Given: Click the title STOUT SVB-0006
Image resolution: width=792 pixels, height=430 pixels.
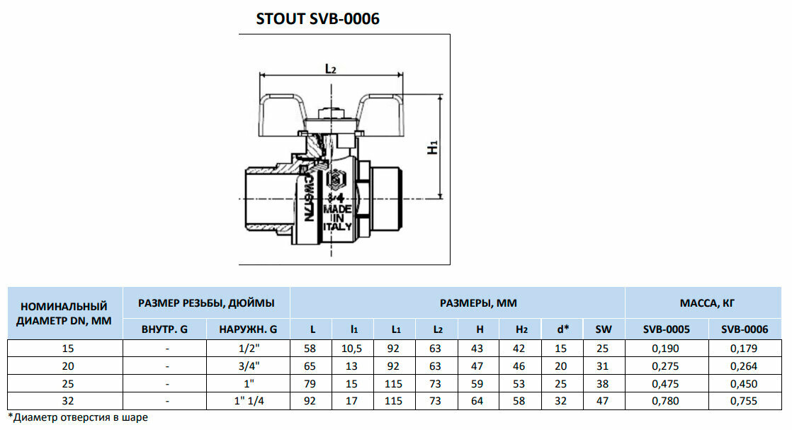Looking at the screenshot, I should point(317,19).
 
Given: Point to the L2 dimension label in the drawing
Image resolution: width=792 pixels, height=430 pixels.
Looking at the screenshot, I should point(329,68).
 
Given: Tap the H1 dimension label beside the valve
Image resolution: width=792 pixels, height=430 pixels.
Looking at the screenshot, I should point(434,147).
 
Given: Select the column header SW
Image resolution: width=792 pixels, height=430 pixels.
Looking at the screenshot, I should point(604,329).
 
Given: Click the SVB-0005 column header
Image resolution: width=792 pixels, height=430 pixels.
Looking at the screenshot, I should point(666,329).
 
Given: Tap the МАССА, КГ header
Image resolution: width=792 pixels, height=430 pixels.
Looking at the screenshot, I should point(707,303).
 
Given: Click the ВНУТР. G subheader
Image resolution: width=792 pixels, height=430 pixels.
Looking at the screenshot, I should point(164,329).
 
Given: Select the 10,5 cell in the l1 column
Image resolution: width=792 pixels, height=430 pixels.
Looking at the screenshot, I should point(354,349).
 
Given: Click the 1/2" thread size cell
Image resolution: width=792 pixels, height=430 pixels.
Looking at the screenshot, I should point(248,349).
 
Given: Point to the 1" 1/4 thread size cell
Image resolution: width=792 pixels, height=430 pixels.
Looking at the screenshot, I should point(248,401).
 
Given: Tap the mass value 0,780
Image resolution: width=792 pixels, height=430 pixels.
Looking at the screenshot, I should point(666,401).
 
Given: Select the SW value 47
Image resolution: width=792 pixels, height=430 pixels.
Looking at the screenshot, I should point(604,401).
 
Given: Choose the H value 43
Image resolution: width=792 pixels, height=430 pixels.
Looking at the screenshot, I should point(480,349).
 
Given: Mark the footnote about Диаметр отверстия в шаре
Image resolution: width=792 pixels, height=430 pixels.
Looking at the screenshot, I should point(78,417).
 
